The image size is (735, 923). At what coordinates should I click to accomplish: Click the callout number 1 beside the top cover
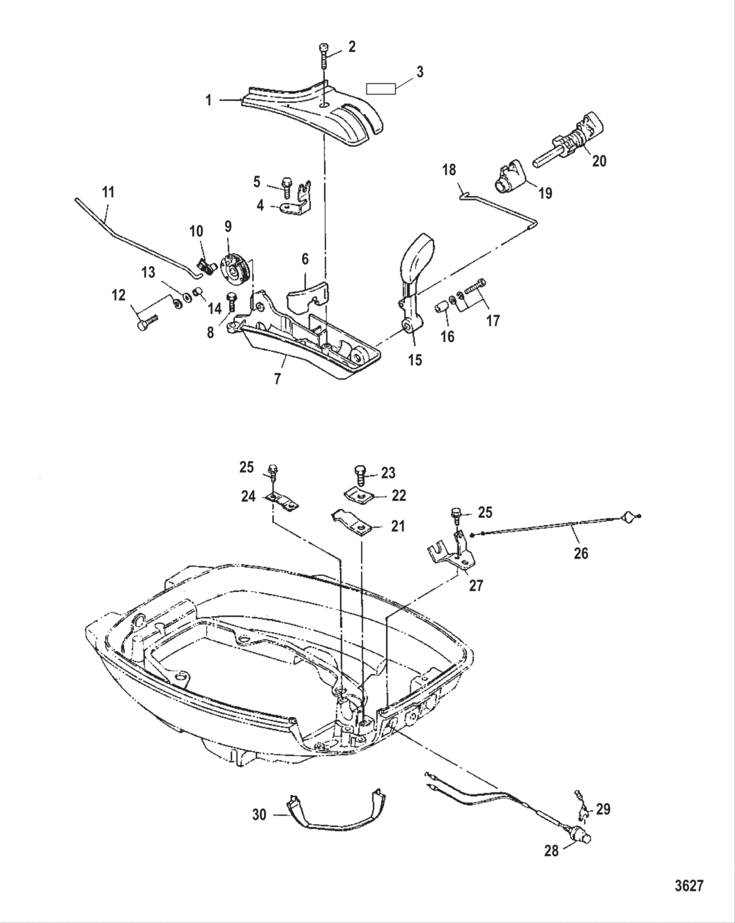[x=208, y=100]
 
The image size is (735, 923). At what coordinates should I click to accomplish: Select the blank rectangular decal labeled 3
[x=381, y=89]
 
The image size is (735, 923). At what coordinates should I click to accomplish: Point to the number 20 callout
[x=599, y=161]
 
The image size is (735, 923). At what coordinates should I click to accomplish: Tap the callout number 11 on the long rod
[x=108, y=192]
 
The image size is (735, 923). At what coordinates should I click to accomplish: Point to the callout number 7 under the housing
[x=278, y=379]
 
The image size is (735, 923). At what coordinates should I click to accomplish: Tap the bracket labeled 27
[x=457, y=551]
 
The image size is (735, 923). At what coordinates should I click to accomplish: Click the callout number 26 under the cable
[x=581, y=553]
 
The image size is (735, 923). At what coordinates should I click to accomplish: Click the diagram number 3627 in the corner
[x=689, y=886]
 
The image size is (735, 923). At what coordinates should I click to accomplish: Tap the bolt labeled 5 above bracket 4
[x=287, y=187]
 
